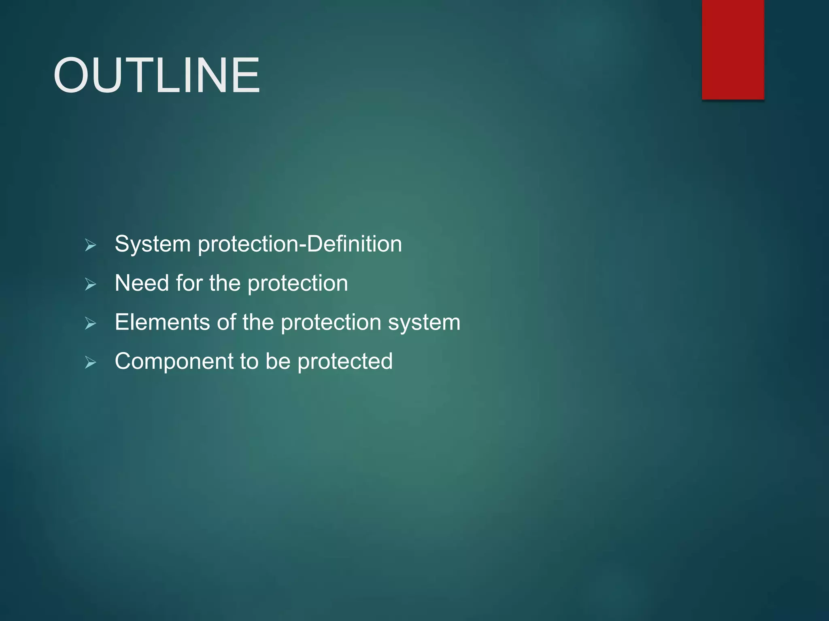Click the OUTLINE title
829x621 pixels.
(157, 76)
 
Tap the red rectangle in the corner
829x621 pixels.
(733, 49)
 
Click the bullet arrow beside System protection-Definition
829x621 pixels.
(90, 245)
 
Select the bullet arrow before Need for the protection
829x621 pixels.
(90, 284)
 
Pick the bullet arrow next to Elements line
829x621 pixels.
(90, 323)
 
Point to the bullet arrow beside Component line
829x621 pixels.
(90, 362)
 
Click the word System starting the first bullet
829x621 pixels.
(153, 244)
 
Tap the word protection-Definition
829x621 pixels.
(300, 244)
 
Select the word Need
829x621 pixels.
(142, 283)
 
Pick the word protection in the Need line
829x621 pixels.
(298, 284)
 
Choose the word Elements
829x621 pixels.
(162, 322)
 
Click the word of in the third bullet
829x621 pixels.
(226, 322)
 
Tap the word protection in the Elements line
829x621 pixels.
(331, 323)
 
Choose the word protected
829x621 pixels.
(345, 361)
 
